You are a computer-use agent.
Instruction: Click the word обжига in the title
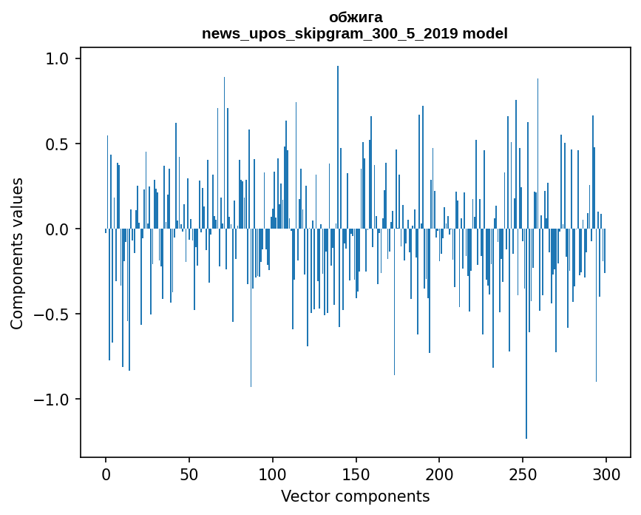pos(355,17)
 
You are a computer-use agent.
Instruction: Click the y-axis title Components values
pos(17,253)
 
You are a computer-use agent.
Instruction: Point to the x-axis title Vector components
pos(355,497)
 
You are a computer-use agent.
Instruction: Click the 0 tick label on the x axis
pos(106,474)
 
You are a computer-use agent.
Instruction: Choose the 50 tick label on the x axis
pos(189,474)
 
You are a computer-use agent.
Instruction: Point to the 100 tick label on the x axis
pos(273,474)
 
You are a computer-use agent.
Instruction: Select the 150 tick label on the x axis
pos(356,474)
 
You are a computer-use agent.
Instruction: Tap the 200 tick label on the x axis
pos(439,474)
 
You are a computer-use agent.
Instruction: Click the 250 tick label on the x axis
pos(523,474)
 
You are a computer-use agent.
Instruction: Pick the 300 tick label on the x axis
pos(606,474)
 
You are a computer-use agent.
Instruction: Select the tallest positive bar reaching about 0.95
pos(338,148)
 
